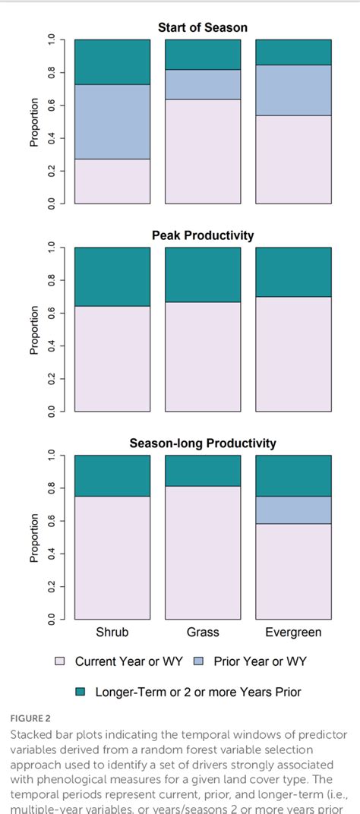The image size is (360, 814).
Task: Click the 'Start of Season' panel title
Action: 202,28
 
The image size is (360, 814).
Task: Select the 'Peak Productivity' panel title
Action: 202,235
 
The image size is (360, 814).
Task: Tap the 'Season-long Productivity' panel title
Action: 202,443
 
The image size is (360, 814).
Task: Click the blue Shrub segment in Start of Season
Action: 112,121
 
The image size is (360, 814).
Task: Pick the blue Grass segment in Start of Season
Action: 203,84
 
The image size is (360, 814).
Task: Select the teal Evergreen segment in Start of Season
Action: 293,52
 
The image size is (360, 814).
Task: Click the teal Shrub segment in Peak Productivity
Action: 112,276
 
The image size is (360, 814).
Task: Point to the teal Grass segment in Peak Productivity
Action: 203,274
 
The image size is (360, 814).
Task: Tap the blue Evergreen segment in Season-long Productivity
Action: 293,510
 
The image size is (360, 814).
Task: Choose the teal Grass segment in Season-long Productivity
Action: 203,470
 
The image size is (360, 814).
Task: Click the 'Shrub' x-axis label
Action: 112,633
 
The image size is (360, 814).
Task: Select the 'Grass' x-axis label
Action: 203,633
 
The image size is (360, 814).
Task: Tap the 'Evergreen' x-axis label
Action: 293,633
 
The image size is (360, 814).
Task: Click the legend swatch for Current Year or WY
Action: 60,662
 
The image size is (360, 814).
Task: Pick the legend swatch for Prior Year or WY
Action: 199,662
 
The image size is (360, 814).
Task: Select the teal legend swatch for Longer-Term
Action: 81,692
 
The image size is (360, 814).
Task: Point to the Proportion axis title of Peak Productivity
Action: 34,330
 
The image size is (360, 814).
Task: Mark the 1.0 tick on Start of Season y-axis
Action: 52,39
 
